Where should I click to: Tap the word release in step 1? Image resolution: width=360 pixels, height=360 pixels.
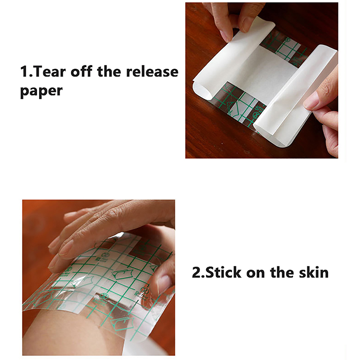pyautogui.click(x=152, y=72)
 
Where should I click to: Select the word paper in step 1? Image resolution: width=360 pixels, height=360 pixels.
pyautogui.click(x=41, y=91)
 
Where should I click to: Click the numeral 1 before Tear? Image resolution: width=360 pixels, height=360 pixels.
pyautogui.click(x=24, y=72)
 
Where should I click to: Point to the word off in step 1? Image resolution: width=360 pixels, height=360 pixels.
pyautogui.click(x=81, y=72)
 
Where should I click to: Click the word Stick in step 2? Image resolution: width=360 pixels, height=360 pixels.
pyautogui.click(x=223, y=272)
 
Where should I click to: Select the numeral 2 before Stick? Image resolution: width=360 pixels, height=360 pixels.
pyautogui.click(x=197, y=273)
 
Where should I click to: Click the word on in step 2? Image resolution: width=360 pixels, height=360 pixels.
pyautogui.click(x=256, y=274)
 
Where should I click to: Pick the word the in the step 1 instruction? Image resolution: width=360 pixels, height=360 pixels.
pyautogui.click(x=109, y=72)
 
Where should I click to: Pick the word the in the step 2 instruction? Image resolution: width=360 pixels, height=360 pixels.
pyautogui.click(x=282, y=272)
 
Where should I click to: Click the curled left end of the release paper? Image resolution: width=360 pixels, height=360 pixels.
pyautogui.click(x=200, y=91)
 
